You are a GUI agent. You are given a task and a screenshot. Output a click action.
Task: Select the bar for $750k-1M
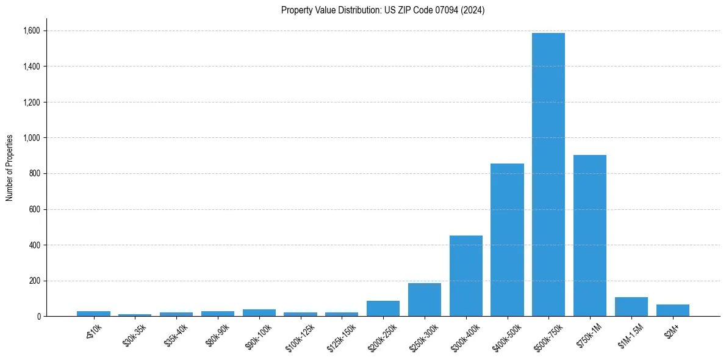(589, 236)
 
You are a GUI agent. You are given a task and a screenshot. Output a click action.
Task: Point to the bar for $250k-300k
(424, 300)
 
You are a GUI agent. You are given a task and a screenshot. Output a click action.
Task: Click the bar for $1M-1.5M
(631, 306)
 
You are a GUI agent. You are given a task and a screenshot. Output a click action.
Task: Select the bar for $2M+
(672, 310)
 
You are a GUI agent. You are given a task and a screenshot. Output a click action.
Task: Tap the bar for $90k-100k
(259, 312)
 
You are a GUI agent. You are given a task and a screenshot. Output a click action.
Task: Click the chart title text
(383, 10)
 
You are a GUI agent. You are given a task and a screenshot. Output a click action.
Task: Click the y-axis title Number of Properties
(10, 167)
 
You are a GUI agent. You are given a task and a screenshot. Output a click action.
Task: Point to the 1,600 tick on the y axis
(32, 31)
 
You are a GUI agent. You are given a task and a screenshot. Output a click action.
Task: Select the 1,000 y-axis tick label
(32, 138)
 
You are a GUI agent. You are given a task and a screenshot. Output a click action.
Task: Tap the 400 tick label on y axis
(35, 245)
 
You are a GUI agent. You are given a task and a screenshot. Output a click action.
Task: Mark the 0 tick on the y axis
(38, 317)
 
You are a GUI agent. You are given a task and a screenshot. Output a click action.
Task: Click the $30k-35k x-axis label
(134, 335)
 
